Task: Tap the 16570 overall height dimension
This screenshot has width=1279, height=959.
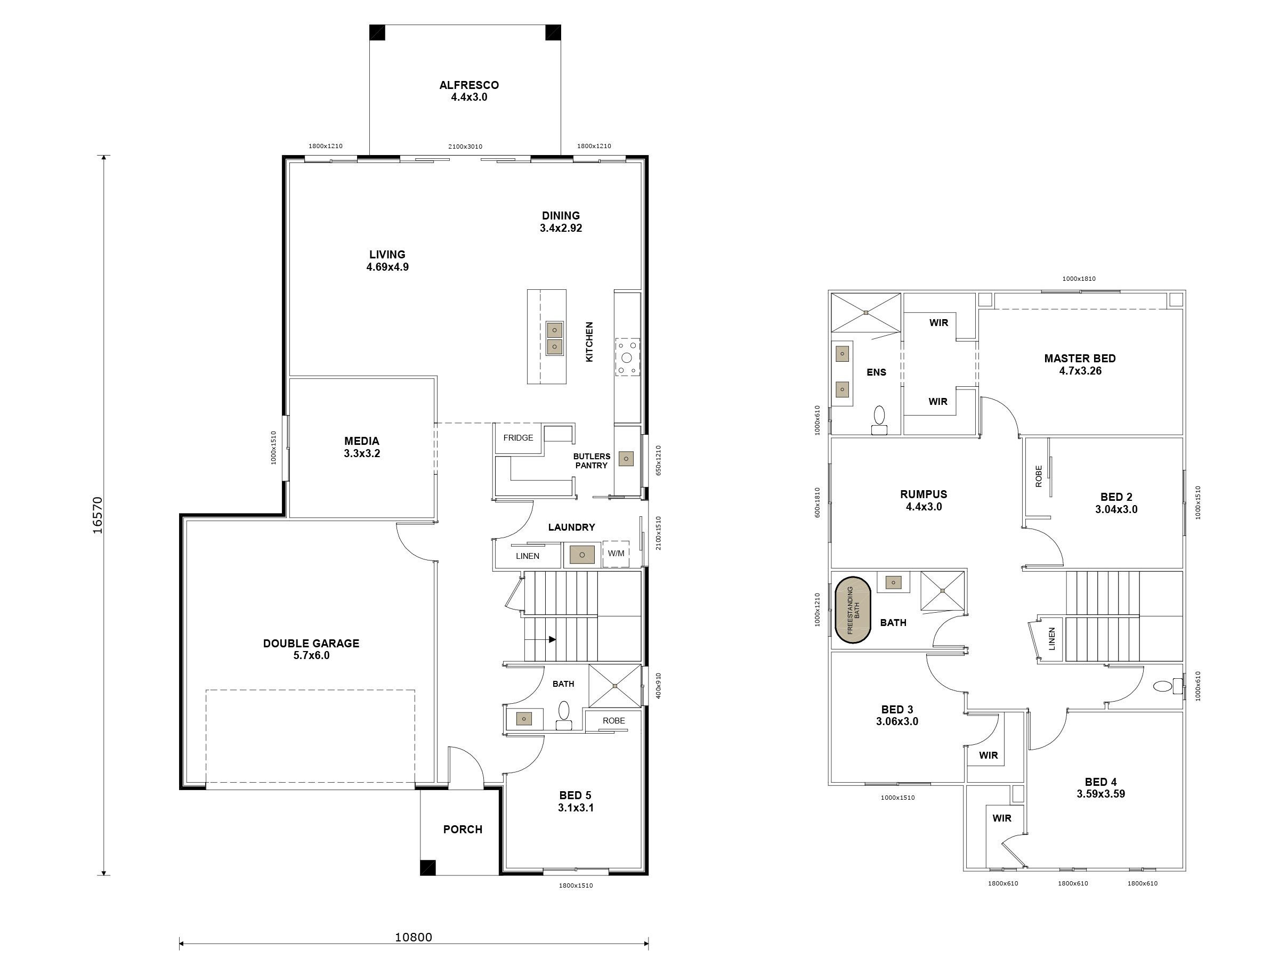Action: click(x=98, y=515)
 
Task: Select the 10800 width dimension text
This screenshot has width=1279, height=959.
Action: click(x=413, y=937)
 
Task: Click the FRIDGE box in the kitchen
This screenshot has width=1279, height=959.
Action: click(x=518, y=438)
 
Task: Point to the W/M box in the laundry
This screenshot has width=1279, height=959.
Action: click(x=616, y=554)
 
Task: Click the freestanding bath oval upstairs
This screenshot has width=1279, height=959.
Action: click(x=853, y=610)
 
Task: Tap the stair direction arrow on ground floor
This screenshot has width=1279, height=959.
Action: click(x=552, y=639)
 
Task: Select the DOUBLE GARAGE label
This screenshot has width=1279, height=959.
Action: click(x=311, y=644)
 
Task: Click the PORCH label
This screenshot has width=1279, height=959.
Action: click(x=463, y=830)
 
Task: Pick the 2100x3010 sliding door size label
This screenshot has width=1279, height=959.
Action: click(x=465, y=147)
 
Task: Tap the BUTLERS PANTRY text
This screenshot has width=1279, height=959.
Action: click(x=592, y=461)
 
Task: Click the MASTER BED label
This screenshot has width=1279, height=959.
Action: click(x=1080, y=359)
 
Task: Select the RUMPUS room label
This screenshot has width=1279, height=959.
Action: click(x=924, y=494)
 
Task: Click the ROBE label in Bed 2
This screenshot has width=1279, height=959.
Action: click(x=1039, y=476)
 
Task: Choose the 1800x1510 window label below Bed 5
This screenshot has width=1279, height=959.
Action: click(x=576, y=885)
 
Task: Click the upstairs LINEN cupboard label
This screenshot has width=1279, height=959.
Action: click(x=1052, y=639)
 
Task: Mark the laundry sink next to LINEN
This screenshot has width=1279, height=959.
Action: click(x=582, y=555)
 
